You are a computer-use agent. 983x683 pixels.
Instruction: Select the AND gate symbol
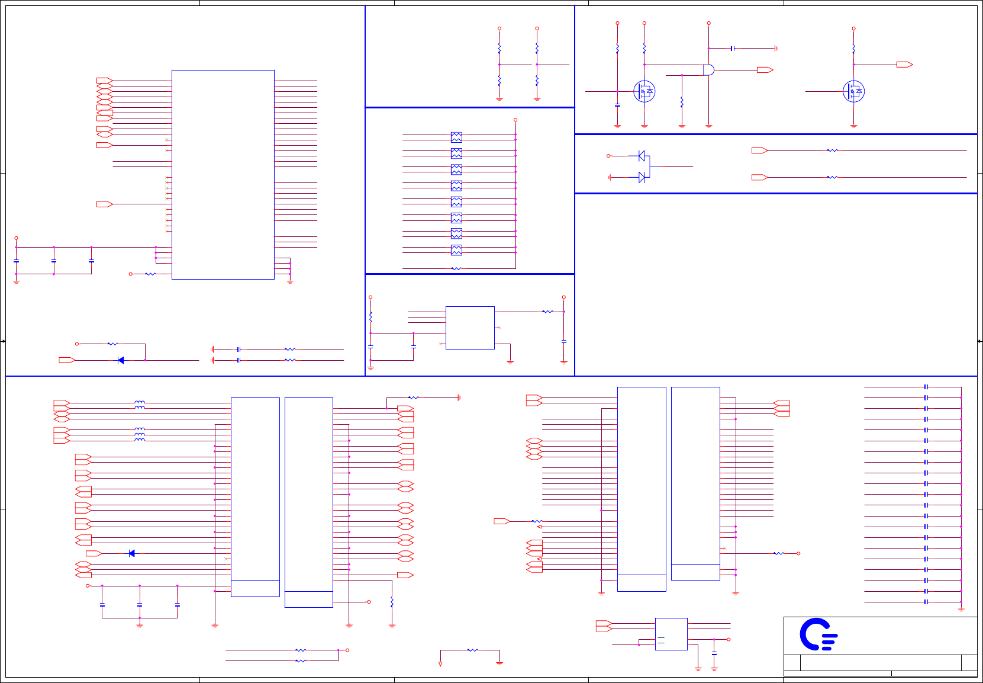click(x=708, y=70)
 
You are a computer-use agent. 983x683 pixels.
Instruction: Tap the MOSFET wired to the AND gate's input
click(x=644, y=91)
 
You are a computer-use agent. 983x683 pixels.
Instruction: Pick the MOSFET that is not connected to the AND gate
click(x=853, y=91)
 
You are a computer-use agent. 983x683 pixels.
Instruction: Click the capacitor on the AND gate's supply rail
click(x=733, y=48)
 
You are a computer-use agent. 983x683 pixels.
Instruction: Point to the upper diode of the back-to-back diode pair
click(x=642, y=156)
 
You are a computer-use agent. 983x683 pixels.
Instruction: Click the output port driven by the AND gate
click(x=765, y=70)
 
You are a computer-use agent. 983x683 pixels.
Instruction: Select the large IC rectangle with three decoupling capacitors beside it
click(x=223, y=174)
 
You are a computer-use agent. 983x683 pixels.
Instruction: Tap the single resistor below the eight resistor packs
click(x=456, y=268)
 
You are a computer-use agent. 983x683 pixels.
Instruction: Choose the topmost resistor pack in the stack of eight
click(x=456, y=137)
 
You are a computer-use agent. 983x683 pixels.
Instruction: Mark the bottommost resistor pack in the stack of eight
click(x=456, y=250)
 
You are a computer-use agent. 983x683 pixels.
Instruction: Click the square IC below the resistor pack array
click(x=470, y=328)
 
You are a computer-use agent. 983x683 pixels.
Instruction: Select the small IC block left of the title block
click(x=671, y=634)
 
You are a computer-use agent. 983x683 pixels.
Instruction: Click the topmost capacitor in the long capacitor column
click(x=926, y=387)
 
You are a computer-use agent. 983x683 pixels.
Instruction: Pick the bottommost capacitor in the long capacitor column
click(x=926, y=602)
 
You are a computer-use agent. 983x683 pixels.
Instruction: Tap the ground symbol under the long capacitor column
click(x=961, y=610)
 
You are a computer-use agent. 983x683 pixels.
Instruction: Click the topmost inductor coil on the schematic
click(x=140, y=403)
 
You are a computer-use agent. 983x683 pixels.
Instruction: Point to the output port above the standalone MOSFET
click(x=904, y=65)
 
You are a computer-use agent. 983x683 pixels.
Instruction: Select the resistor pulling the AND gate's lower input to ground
click(x=682, y=102)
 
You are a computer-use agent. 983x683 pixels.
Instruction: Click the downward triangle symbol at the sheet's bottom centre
click(x=440, y=664)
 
